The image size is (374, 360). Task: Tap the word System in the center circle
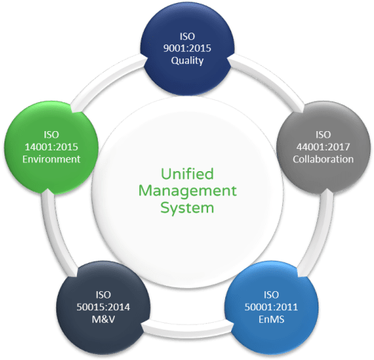point(187,208)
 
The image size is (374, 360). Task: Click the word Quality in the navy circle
point(187,61)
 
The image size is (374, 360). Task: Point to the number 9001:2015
point(187,49)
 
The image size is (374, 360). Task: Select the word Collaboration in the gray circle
point(323,159)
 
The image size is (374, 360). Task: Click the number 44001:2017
point(323,147)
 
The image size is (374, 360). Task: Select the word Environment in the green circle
point(50,159)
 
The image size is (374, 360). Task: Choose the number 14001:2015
point(50,147)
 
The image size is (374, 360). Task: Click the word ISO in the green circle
point(50,134)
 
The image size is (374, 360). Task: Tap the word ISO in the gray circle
point(323,134)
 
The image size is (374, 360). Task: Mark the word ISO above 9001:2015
point(187,36)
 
